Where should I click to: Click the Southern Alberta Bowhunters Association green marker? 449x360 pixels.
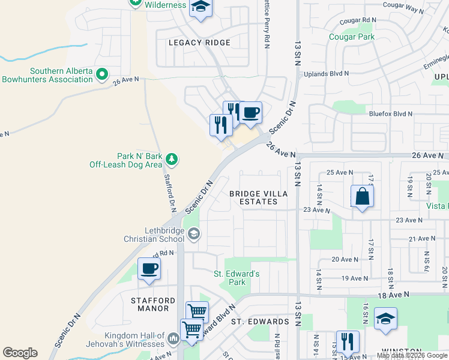102,75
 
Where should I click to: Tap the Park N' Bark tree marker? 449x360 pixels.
172,159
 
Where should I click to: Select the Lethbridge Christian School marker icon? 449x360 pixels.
193,234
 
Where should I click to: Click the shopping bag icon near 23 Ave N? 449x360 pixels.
363,196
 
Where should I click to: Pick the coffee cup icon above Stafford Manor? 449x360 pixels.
149,269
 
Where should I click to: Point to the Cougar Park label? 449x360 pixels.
352,37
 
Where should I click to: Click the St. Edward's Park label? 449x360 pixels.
237,278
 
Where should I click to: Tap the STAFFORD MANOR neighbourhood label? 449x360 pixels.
153,304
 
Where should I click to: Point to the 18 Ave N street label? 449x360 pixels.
393,295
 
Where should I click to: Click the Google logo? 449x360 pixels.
20,353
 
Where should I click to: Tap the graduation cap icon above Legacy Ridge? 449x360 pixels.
200,8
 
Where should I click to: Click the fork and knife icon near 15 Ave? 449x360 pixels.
348,341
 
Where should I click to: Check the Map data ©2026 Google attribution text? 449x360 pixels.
412,355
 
